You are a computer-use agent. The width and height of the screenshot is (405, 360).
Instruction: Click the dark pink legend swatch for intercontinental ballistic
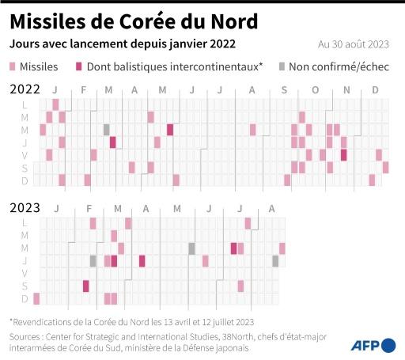(x=78, y=67)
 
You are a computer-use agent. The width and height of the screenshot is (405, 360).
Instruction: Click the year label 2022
(x=25, y=89)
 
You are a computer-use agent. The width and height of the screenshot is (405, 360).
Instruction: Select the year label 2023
(x=25, y=208)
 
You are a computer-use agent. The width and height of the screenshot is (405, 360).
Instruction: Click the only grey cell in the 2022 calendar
(x=107, y=130)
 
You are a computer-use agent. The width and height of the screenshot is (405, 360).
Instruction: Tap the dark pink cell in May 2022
(x=170, y=130)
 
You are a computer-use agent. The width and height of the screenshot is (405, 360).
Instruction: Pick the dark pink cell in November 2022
(x=344, y=155)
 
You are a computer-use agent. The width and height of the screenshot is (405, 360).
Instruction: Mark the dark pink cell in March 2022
(x=113, y=142)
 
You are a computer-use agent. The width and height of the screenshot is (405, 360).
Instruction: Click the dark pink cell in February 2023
(x=86, y=286)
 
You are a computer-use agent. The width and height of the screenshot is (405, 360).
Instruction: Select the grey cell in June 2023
(x=191, y=248)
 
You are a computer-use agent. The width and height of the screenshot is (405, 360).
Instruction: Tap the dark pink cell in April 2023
(x=142, y=260)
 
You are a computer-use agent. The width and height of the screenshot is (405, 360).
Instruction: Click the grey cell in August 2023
(x=275, y=260)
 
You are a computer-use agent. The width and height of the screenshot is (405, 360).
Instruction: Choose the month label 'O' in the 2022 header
(x=315, y=90)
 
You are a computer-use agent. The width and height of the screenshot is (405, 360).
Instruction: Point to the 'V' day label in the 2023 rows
(x=25, y=273)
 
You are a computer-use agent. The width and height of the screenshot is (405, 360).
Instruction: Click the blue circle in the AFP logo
(x=388, y=345)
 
